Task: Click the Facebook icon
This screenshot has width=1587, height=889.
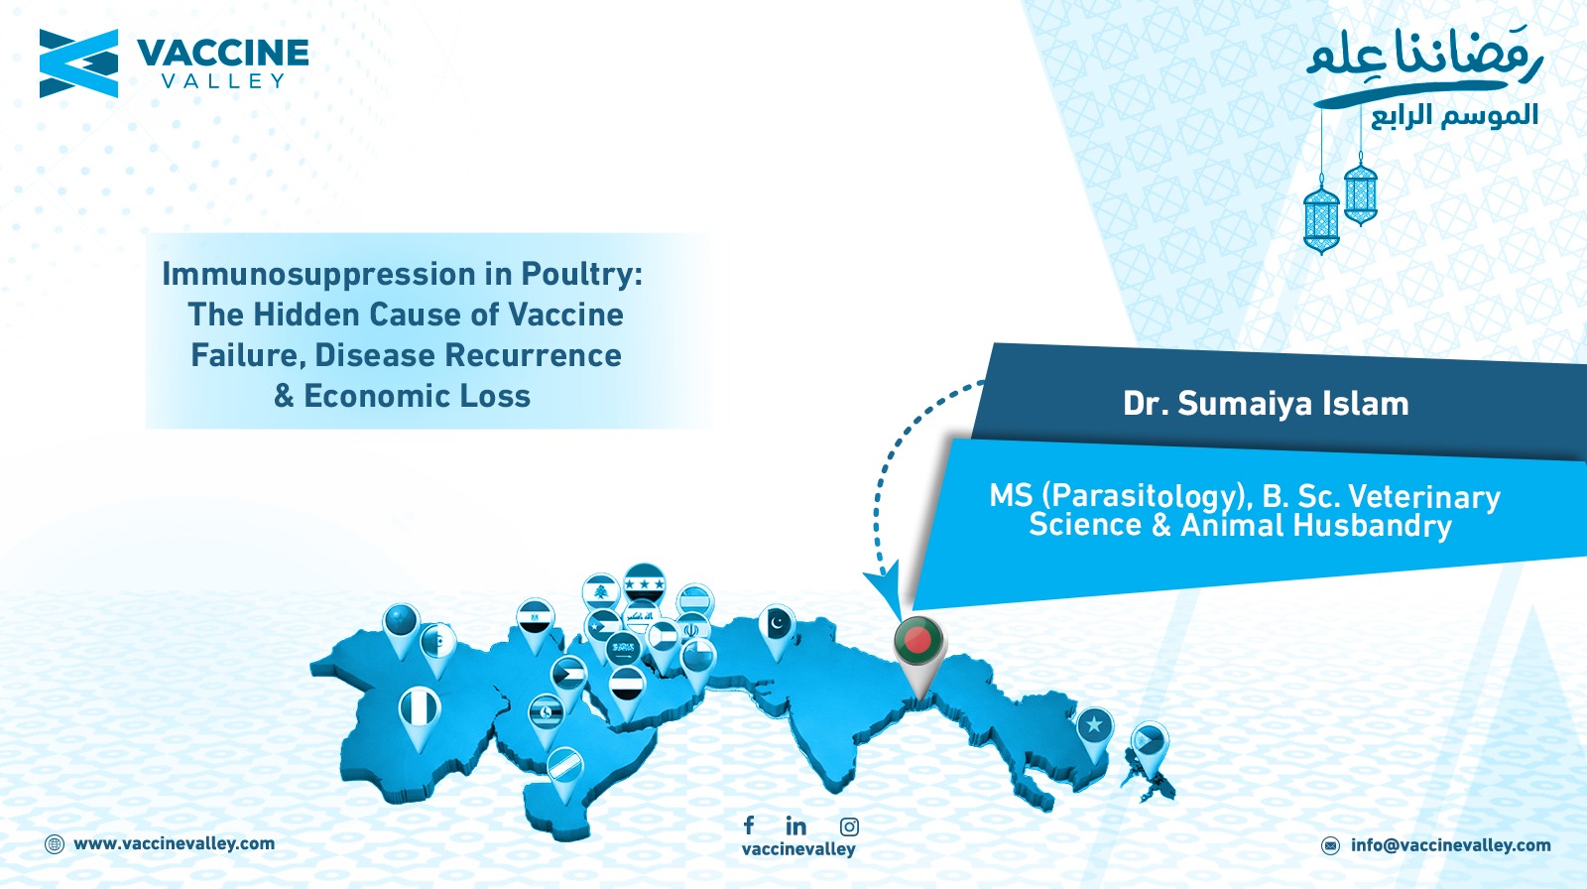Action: [x=749, y=825]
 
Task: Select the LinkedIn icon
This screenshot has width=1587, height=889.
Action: [x=795, y=825]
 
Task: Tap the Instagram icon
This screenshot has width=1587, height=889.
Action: [x=849, y=826]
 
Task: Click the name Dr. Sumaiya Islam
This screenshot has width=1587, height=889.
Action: [x=1266, y=404]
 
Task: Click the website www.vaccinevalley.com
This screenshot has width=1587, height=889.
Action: [x=175, y=843]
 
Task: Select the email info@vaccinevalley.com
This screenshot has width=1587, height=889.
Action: [x=1451, y=845]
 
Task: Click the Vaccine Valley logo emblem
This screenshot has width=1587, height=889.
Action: [x=78, y=63]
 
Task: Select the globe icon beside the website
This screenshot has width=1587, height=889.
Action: [x=55, y=844]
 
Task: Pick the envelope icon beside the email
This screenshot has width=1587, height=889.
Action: [x=1330, y=845]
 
